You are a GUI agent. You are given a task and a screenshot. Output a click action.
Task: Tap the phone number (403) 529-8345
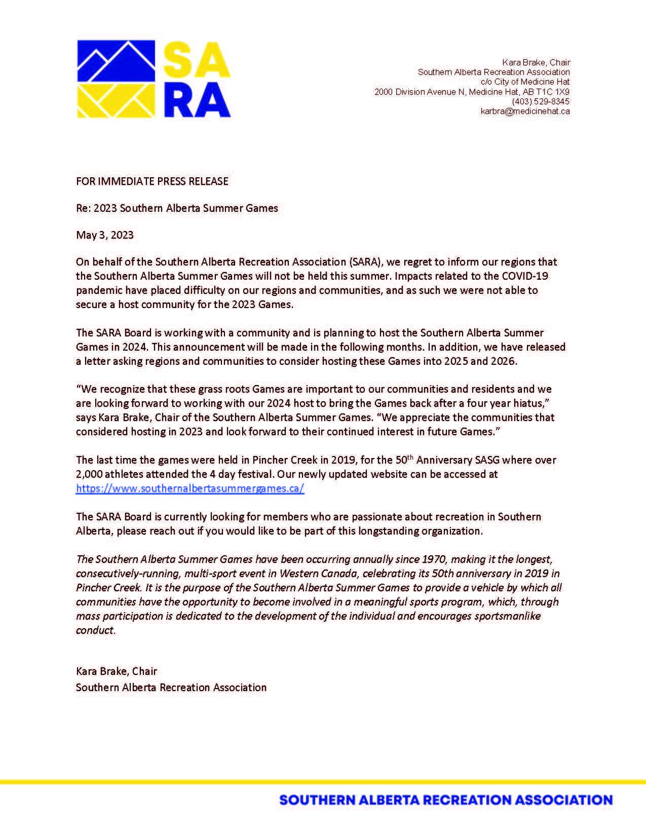(x=541, y=101)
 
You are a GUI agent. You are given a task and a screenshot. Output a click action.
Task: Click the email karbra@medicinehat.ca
(x=525, y=111)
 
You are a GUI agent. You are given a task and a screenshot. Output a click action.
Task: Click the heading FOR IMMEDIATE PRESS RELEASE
(x=152, y=181)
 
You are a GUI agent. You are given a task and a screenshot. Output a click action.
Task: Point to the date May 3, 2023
(x=105, y=235)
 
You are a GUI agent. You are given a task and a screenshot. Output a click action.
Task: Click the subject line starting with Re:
(x=177, y=208)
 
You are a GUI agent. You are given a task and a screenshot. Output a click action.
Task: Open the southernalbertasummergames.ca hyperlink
(x=190, y=489)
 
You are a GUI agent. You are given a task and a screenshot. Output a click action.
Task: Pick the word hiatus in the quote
(x=532, y=403)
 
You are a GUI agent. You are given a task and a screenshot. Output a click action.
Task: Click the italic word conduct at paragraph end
(x=95, y=630)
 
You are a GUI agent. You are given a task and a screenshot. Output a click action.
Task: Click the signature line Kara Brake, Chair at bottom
(x=117, y=671)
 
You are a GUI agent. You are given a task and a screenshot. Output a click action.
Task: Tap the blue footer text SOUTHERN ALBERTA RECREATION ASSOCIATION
(x=446, y=801)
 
